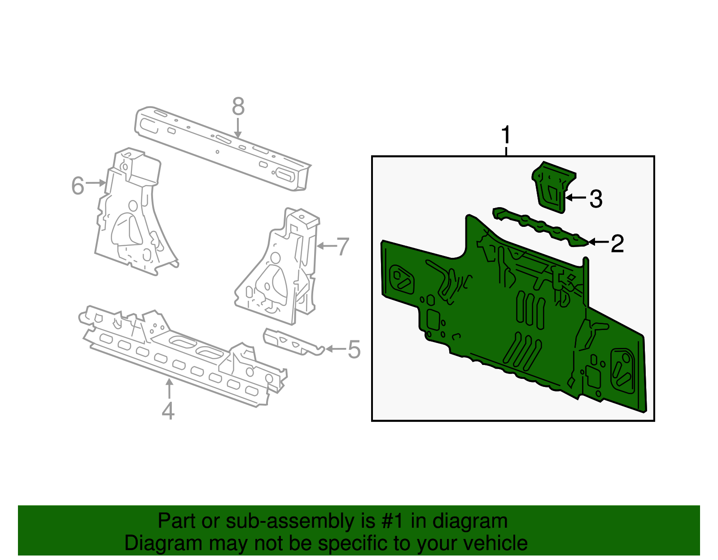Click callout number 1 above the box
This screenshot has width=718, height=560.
tap(506, 135)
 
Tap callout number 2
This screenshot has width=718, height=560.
tap(617, 243)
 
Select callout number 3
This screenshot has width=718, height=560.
tap(596, 199)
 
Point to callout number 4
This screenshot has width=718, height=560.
tap(168, 411)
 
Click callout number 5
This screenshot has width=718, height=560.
tap(354, 349)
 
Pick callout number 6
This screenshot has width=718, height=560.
tap(78, 186)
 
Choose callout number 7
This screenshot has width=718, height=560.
tap(343, 247)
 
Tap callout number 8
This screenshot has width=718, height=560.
tap(238, 106)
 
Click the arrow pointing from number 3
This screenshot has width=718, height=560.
tap(575, 198)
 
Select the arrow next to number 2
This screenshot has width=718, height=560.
tap(598, 242)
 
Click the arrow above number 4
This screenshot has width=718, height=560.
tap(169, 389)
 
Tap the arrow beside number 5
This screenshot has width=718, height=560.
tap(335, 349)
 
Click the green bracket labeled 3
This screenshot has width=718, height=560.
tap(553, 187)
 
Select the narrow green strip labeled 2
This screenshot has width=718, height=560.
tap(540, 227)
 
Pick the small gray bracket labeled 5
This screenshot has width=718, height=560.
tap(293, 342)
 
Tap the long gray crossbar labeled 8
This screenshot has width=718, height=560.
tap(223, 148)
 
